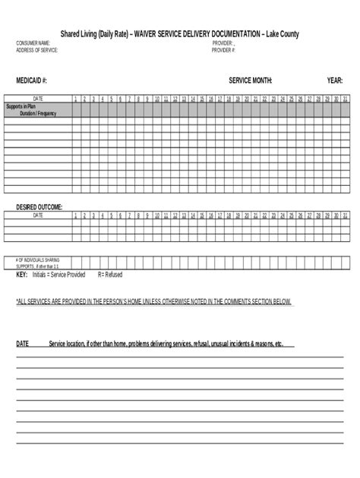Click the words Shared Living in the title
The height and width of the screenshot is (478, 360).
coord(84,33)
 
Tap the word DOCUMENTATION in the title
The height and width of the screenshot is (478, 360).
coord(226,33)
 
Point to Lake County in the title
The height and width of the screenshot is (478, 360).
coord(281,33)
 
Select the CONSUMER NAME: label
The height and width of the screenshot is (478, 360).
coord(33,43)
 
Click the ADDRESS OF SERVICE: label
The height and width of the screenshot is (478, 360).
coord(37,49)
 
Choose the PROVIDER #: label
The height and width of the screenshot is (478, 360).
coord(224,49)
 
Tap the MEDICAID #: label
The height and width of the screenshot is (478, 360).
coord(32,80)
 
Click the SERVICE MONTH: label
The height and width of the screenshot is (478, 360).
coord(251,80)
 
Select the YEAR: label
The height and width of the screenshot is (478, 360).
coord(335,80)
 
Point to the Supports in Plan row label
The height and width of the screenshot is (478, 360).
coord(23,106)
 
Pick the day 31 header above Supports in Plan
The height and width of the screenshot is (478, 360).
coord(346,99)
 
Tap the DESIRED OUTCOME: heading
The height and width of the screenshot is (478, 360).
coord(39,206)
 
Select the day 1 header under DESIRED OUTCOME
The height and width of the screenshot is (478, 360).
coord(76,215)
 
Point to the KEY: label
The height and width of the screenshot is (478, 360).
coord(22,274)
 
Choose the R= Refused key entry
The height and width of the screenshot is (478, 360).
coord(110,274)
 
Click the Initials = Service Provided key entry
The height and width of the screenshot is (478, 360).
coord(59,274)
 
